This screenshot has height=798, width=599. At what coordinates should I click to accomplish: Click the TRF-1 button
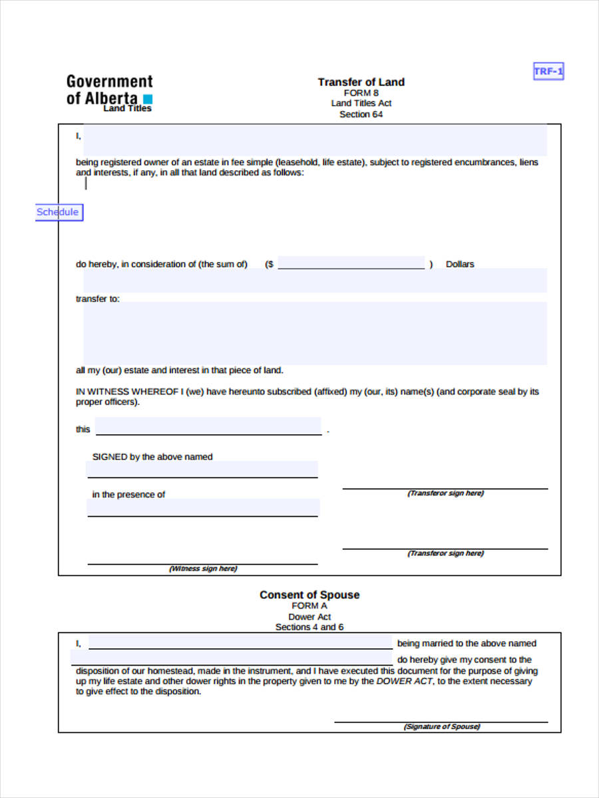pos(548,71)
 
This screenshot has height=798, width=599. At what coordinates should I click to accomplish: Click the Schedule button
pos(59,212)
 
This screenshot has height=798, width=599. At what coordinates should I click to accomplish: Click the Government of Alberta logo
pos(110,92)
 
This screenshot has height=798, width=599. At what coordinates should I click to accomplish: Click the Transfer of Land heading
pos(361,82)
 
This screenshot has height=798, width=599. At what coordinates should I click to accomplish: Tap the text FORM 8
pos(361,93)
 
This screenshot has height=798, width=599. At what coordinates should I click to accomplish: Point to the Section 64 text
pos(361,114)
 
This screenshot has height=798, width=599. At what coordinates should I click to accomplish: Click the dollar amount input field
pos(351,263)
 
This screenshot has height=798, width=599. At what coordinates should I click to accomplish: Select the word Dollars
pos(460,265)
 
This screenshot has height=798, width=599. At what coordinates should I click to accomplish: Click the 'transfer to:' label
pos(98,299)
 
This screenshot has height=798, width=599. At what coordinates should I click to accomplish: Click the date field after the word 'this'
pos(208,426)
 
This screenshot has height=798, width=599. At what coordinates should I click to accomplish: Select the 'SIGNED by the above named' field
pos(202,469)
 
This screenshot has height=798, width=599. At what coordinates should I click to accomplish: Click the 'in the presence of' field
pos(202,507)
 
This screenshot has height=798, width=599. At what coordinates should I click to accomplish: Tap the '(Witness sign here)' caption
pos(202,569)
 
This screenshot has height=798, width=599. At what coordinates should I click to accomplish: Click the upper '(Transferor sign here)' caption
pos(445,493)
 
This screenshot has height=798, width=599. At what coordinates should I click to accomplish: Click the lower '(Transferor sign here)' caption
pos(445,553)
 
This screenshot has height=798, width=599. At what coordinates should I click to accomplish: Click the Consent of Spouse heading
pos(309,595)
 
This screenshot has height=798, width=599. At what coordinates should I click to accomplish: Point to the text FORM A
pos(309,606)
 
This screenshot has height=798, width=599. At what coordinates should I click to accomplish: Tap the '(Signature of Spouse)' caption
pos(441,727)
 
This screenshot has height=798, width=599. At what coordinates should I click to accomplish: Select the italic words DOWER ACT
pos(405,682)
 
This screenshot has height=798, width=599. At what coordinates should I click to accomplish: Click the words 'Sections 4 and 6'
pos(309,627)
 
